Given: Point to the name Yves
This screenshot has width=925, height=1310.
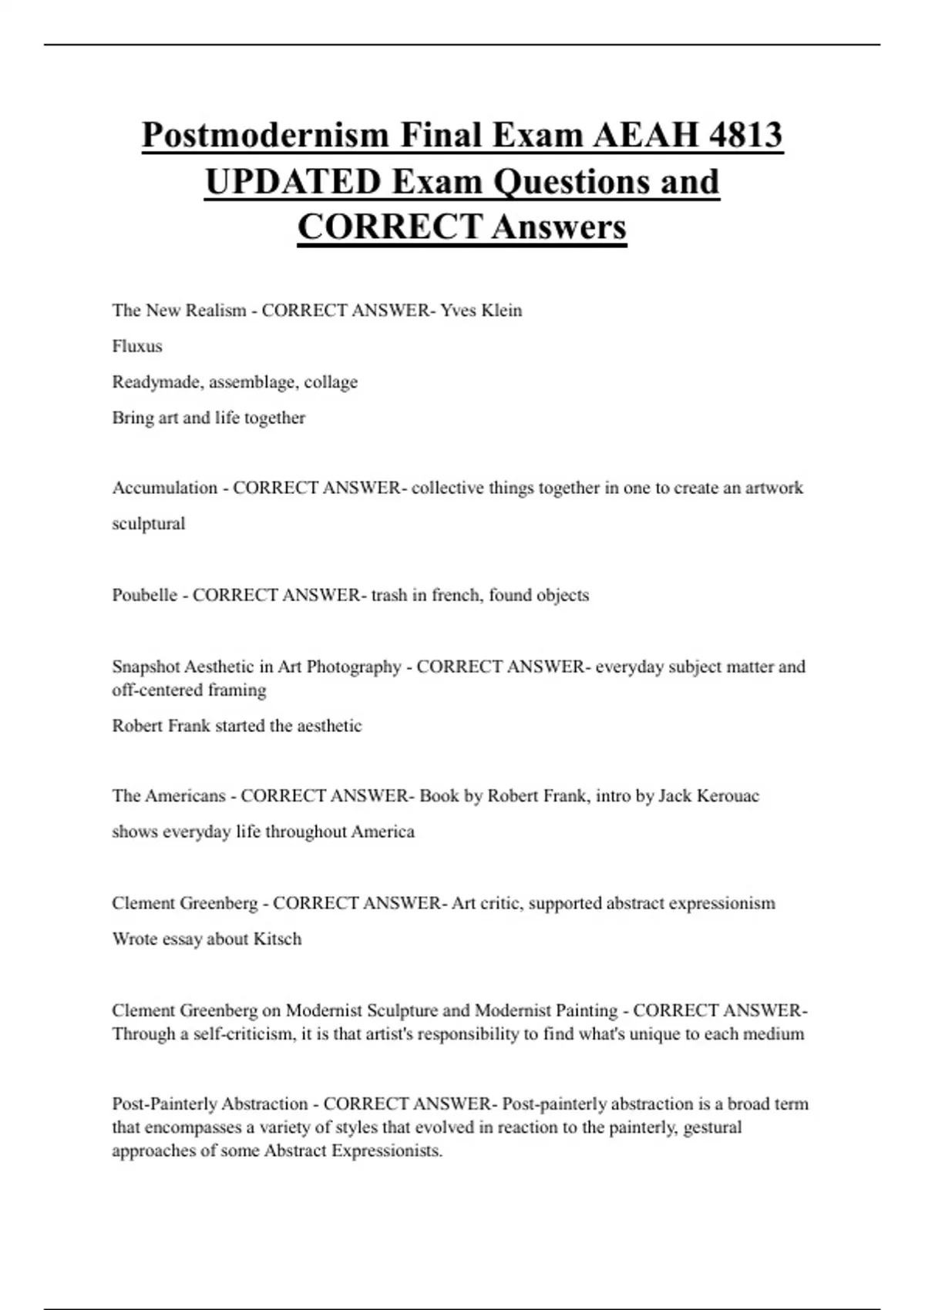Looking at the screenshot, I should (x=457, y=311).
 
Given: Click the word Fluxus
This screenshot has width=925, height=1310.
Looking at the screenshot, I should (x=137, y=346).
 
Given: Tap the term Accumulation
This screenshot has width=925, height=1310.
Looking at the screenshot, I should (x=165, y=488).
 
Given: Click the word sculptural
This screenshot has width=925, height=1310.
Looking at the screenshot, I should (x=149, y=524).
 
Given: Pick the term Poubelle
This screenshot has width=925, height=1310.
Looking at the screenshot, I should (x=144, y=595).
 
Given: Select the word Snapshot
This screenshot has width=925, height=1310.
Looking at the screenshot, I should (x=145, y=667).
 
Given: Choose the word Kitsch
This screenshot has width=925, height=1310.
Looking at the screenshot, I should (x=277, y=939).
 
